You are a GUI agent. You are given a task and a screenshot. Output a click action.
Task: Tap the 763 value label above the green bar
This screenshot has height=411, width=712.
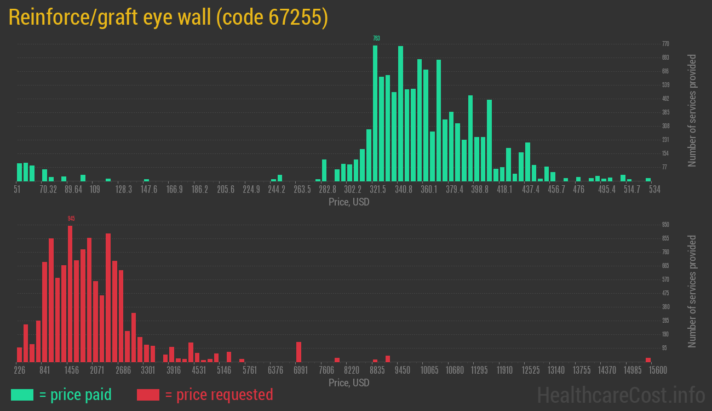click(x=376, y=38)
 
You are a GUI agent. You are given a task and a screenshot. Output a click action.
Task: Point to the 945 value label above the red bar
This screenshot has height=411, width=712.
click(x=71, y=219)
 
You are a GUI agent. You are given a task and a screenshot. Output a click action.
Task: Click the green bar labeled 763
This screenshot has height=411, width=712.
click(x=375, y=113)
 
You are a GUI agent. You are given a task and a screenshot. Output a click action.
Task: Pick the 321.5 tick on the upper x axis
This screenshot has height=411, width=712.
click(x=378, y=189)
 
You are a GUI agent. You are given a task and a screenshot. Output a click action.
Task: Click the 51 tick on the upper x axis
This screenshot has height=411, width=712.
click(x=17, y=189)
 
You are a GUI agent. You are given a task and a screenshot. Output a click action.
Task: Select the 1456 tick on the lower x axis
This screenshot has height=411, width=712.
click(x=71, y=370)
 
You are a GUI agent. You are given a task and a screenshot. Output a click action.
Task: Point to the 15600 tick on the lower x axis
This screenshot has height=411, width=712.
click(x=648, y=370)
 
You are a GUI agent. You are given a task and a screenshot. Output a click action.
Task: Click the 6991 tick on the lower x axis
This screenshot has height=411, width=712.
click(x=301, y=370)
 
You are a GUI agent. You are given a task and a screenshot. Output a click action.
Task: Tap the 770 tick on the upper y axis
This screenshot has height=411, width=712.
click(x=665, y=43)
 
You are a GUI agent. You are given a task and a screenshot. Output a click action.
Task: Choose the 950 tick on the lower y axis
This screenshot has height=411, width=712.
click(x=665, y=225)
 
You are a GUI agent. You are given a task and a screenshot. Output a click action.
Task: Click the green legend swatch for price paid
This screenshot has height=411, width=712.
click(x=22, y=395)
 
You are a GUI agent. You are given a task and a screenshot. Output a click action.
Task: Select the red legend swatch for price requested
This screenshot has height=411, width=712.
click(x=148, y=395)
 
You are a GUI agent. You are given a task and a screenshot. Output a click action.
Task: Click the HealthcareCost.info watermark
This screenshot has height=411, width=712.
click(x=621, y=395)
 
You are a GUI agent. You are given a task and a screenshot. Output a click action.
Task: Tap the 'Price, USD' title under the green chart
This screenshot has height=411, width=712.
click(x=349, y=202)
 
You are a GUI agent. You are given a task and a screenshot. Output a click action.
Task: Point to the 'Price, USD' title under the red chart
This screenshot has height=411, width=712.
click(x=349, y=383)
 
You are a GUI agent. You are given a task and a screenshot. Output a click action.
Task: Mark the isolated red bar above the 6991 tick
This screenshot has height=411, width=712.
click(x=299, y=352)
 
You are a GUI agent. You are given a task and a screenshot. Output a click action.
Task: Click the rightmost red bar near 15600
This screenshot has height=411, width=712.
click(x=648, y=359)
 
